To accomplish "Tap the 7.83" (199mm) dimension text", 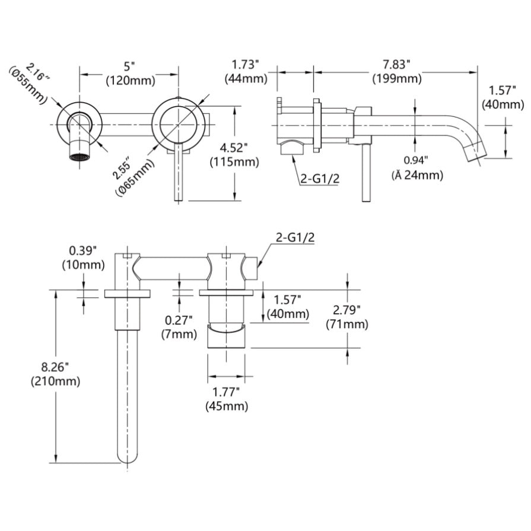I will (x=397, y=71).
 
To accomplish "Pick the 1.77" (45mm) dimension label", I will (x=227, y=399).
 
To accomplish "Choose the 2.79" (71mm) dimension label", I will (x=347, y=317).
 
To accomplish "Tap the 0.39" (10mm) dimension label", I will (x=83, y=256).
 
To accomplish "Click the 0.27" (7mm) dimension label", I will (x=179, y=327).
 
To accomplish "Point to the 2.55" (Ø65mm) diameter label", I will (x=132, y=176).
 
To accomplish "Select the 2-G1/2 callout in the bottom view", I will (x=295, y=237).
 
